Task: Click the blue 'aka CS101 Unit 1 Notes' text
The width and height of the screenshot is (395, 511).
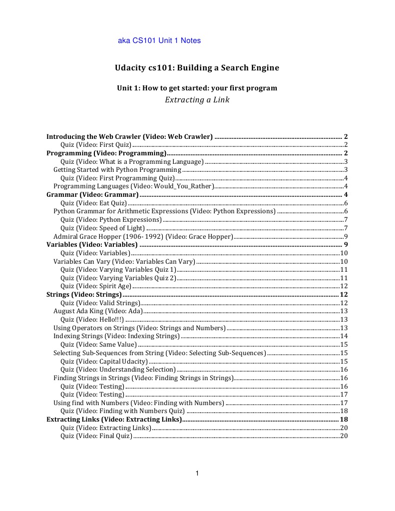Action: [159, 40]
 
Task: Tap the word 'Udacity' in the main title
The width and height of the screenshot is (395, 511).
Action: [132, 67]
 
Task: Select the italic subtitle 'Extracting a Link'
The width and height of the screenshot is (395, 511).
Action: [197, 100]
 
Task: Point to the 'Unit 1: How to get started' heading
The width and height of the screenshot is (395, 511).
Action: [197, 88]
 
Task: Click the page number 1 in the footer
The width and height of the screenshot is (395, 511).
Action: [197, 474]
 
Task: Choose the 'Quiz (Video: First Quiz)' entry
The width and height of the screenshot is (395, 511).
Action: [96, 145]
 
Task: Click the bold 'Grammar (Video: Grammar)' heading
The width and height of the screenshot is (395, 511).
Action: [92, 194]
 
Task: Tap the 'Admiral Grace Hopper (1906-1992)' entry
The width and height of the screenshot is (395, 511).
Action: [143, 236]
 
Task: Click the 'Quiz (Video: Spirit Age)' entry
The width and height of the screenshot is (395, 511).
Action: [96, 286]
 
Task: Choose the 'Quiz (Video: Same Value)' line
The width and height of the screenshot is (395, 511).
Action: [98, 345]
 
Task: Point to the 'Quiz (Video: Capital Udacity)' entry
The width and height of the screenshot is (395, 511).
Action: [104, 361]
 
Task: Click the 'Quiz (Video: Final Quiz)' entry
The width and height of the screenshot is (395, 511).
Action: [96, 436]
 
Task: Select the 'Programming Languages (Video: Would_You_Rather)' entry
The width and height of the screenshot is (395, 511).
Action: [133, 186]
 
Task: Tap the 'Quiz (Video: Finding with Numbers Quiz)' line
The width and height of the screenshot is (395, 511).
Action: [122, 411]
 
